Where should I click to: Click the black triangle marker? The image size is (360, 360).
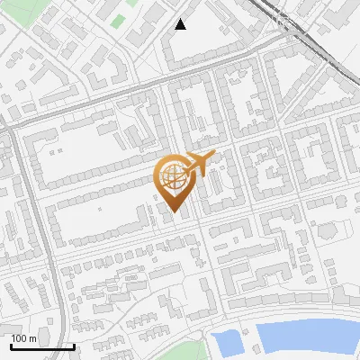click(x=181, y=25)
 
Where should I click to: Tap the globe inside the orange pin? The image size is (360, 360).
click(x=173, y=175)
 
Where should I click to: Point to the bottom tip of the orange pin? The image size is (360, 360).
click(x=173, y=212)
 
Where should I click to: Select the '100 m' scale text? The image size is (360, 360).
click(x=23, y=338)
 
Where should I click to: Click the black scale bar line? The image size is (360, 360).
click(x=42, y=346)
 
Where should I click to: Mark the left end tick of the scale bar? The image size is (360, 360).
click(x=11, y=346)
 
